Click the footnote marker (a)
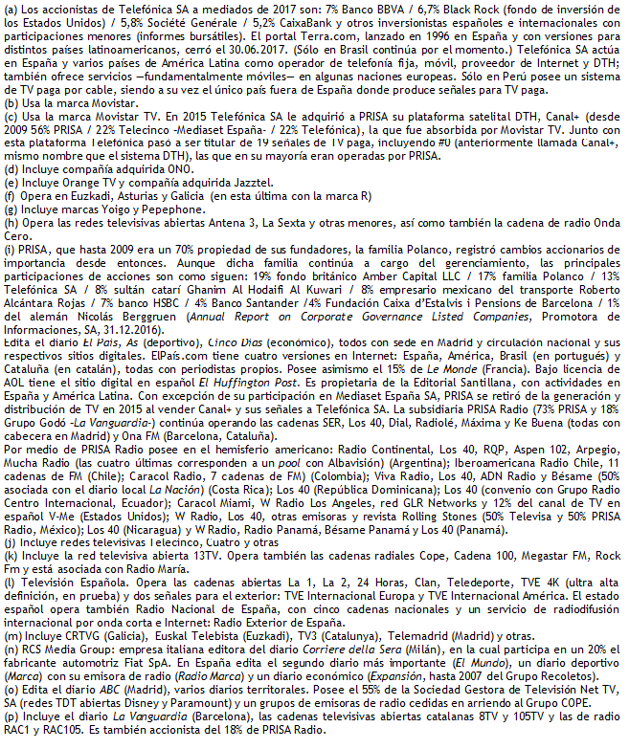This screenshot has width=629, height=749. click(x=11, y=8)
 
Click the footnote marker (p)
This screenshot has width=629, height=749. click(x=11, y=727)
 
